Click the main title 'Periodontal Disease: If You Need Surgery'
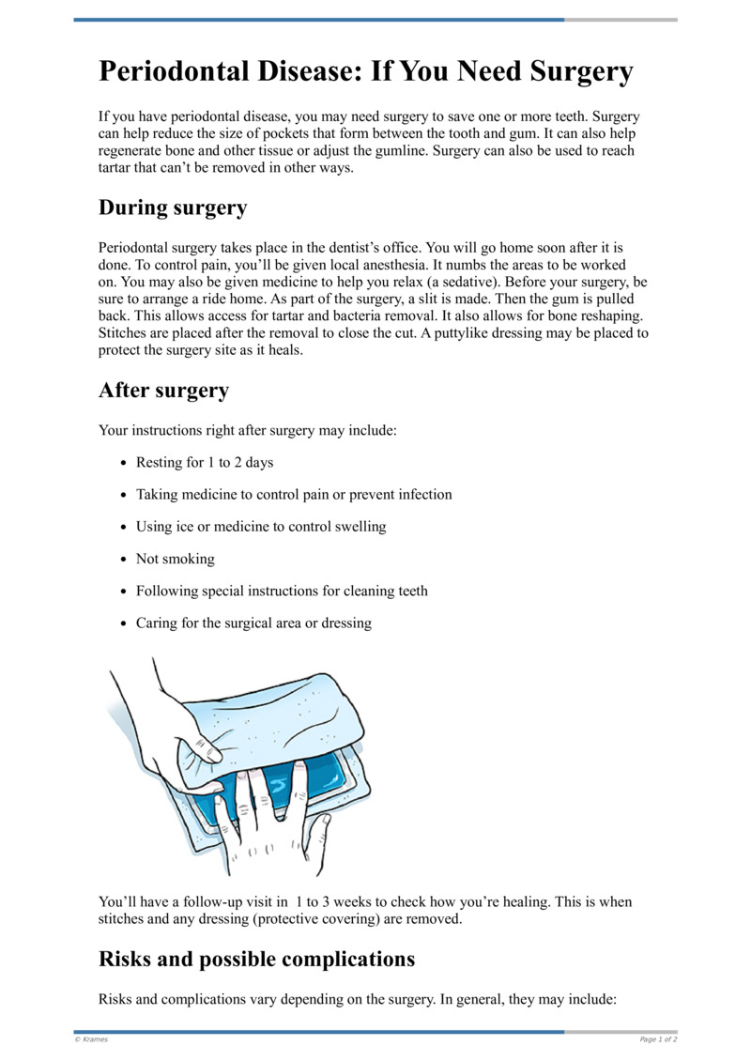(x=366, y=72)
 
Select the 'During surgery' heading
(x=173, y=208)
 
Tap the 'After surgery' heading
(x=163, y=390)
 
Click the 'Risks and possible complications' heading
(x=256, y=959)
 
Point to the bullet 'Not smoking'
(x=175, y=559)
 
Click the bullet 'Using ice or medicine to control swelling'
(x=260, y=527)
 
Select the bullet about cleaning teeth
(x=282, y=591)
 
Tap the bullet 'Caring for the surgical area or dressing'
(x=253, y=623)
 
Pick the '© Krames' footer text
(x=91, y=1039)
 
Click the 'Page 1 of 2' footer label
(x=658, y=1039)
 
